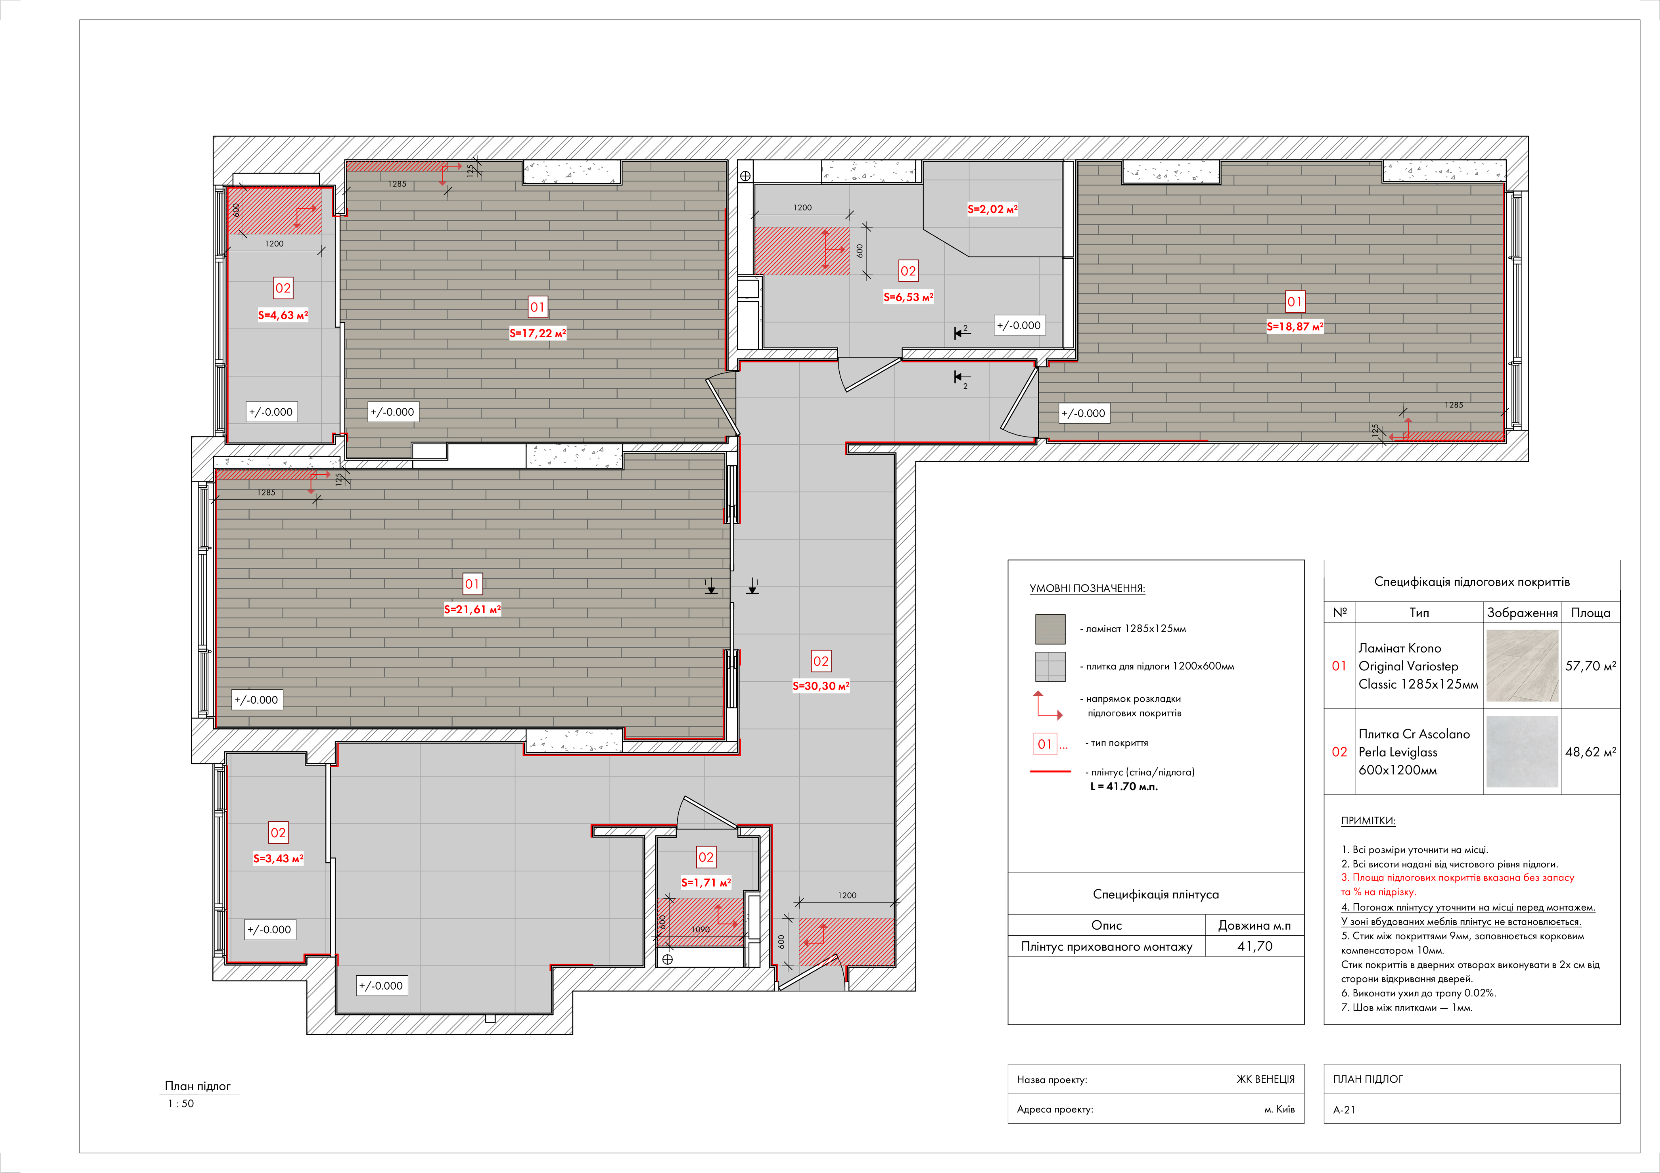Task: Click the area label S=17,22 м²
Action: click(x=537, y=333)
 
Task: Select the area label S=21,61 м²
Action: click(x=472, y=609)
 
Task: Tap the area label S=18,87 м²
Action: click(x=1294, y=327)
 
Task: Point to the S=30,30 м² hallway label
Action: click(x=821, y=686)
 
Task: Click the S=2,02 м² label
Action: click(x=992, y=209)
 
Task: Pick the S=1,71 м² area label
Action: click(x=706, y=883)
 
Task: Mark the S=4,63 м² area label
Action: click(x=283, y=315)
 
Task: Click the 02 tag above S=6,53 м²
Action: click(x=908, y=271)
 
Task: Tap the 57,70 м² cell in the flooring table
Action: click(x=1590, y=665)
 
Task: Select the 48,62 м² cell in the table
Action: click(x=1590, y=752)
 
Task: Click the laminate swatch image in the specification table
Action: click(x=1522, y=665)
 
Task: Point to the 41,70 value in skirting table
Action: click(x=1254, y=946)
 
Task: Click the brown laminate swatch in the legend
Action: click(x=1050, y=629)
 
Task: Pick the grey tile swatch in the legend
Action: click(x=1050, y=666)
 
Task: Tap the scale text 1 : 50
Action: click(x=181, y=1104)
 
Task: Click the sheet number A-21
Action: click(x=1344, y=1109)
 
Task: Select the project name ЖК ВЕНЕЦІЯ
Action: click(x=1265, y=1079)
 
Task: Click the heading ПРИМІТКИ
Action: click(x=1368, y=821)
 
